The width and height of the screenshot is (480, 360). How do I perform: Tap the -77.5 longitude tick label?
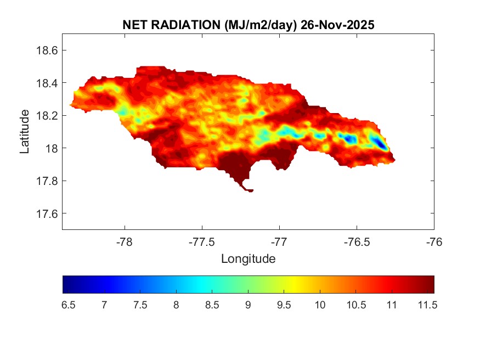202,242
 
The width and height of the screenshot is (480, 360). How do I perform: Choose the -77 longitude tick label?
280,242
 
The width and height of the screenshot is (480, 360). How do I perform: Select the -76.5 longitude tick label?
357,242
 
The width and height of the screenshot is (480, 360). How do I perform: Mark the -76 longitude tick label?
434,242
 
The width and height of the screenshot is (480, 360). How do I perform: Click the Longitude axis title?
248,258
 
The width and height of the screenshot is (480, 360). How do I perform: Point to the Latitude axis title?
25,131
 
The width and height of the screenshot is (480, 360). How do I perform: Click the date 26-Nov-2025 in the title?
339,25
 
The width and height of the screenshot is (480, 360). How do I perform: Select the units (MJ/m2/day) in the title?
253,25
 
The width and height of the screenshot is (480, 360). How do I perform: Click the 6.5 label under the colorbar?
68,305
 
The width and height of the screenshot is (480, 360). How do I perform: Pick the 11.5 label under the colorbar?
427,305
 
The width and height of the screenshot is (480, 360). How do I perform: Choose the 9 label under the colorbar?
248,305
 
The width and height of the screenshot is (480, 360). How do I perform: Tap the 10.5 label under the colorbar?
355,305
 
